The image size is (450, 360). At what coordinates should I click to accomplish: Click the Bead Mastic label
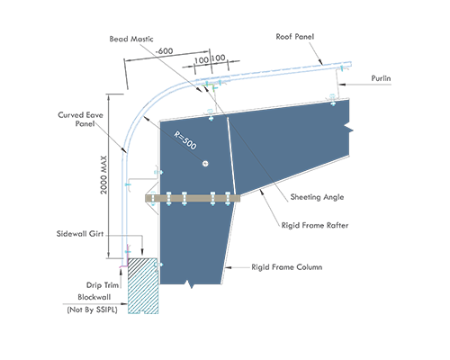click(131, 39)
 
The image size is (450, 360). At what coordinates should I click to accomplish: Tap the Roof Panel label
click(295, 37)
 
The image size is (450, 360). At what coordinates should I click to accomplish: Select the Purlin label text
click(381, 78)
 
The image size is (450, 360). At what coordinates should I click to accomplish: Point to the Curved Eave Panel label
click(80, 119)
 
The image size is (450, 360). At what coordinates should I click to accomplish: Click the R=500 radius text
click(185, 140)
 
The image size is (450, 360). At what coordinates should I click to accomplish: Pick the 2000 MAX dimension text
click(103, 175)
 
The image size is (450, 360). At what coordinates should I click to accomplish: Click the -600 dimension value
click(164, 51)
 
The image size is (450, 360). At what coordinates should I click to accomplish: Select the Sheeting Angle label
click(317, 197)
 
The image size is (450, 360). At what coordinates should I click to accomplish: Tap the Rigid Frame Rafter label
click(315, 225)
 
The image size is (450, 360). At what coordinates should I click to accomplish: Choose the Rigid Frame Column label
click(287, 267)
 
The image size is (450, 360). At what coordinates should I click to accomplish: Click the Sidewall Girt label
click(80, 234)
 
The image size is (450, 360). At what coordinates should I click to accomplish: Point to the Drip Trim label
click(103, 285)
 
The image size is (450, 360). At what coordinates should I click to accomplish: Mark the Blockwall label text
click(94, 297)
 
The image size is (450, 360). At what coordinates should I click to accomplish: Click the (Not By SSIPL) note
click(92, 310)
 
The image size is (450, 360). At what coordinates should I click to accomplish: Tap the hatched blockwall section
click(143, 285)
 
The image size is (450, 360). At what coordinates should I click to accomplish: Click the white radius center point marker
click(205, 164)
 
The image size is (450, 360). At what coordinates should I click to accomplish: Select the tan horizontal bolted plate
click(193, 198)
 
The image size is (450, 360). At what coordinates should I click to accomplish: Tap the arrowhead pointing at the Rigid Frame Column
click(228, 267)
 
